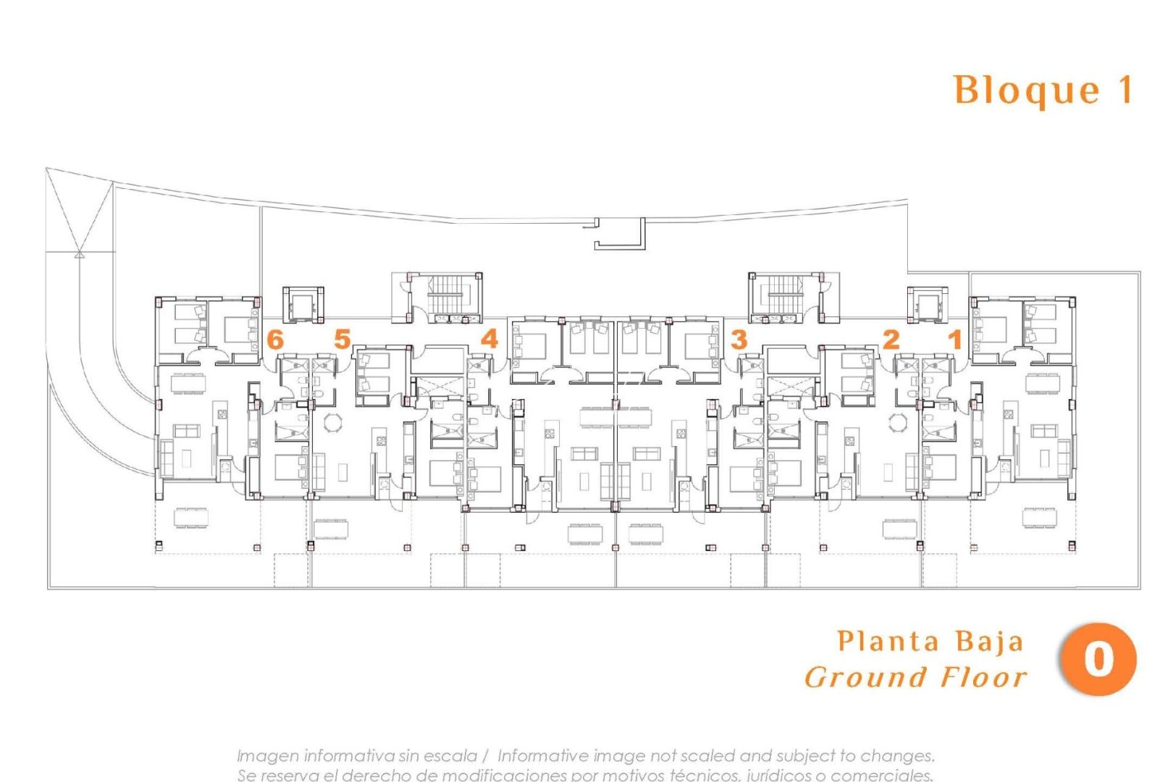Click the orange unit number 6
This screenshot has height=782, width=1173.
pos(275,339)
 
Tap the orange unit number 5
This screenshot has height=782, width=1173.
pos(342,339)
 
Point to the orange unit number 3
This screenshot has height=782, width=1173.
pos(739,339)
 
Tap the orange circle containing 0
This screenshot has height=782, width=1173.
pos(1098,659)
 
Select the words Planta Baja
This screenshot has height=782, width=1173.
pos(930,642)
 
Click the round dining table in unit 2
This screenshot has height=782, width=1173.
pos(898,422)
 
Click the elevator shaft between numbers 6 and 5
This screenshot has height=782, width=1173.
pos(303,305)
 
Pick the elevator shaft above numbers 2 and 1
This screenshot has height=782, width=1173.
pos(928,305)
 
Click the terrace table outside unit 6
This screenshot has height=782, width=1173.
pos(190,517)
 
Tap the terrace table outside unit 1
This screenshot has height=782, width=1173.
pos(1039,517)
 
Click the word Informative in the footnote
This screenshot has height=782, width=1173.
pos(542,755)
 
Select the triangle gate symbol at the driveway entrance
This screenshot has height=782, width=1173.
pos(79,254)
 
